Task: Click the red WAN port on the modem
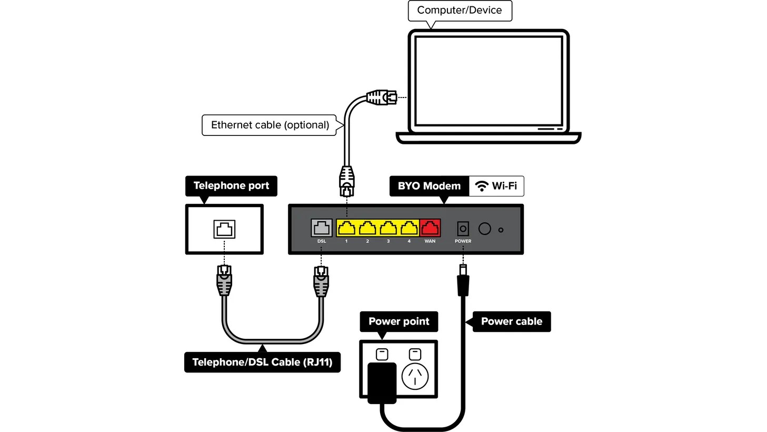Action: pos(430,228)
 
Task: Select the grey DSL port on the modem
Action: pos(321,228)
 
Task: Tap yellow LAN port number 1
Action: pos(346,228)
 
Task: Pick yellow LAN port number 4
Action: pos(409,228)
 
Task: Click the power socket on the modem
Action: pos(463,229)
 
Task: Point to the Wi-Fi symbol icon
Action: pos(481,186)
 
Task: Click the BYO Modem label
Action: pos(429,186)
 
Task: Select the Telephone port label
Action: pos(231,186)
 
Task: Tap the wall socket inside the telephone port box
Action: pos(224,229)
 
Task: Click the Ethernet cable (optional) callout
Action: pos(270,125)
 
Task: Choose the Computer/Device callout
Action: pos(459,11)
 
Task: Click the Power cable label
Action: pos(511,321)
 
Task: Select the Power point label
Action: pos(399,321)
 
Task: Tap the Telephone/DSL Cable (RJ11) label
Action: pos(262,362)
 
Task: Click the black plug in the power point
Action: pos(382,382)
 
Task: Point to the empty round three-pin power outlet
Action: pos(415,376)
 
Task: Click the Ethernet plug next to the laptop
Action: pos(381,97)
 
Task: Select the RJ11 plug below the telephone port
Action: pos(224,280)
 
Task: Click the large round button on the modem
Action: pos(484,229)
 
